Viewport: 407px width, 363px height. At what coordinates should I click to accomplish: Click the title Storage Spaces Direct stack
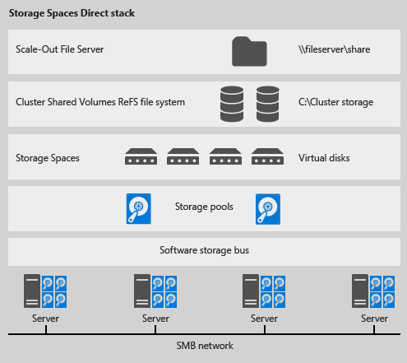tap(72, 14)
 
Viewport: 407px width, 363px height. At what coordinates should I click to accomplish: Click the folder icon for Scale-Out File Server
tap(249, 50)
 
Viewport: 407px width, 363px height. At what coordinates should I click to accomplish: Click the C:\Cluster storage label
tap(336, 102)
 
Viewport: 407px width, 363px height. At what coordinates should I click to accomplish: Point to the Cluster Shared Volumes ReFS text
tap(100, 102)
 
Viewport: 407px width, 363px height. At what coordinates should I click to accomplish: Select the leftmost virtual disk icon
tap(141, 156)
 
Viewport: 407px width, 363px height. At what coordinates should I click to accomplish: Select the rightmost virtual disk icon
tap(266, 156)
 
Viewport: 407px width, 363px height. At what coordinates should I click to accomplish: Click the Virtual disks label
tap(324, 156)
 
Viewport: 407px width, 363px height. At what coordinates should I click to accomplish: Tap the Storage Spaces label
tap(48, 156)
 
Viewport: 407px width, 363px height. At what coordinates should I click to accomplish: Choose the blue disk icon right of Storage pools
tap(268, 209)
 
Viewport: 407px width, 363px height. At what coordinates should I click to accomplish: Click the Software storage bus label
tap(203, 249)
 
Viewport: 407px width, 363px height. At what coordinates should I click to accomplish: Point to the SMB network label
tap(203, 344)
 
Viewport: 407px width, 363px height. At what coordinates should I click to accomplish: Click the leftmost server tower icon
tap(33, 291)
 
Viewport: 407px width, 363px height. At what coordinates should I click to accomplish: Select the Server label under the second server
tap(155, 319)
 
